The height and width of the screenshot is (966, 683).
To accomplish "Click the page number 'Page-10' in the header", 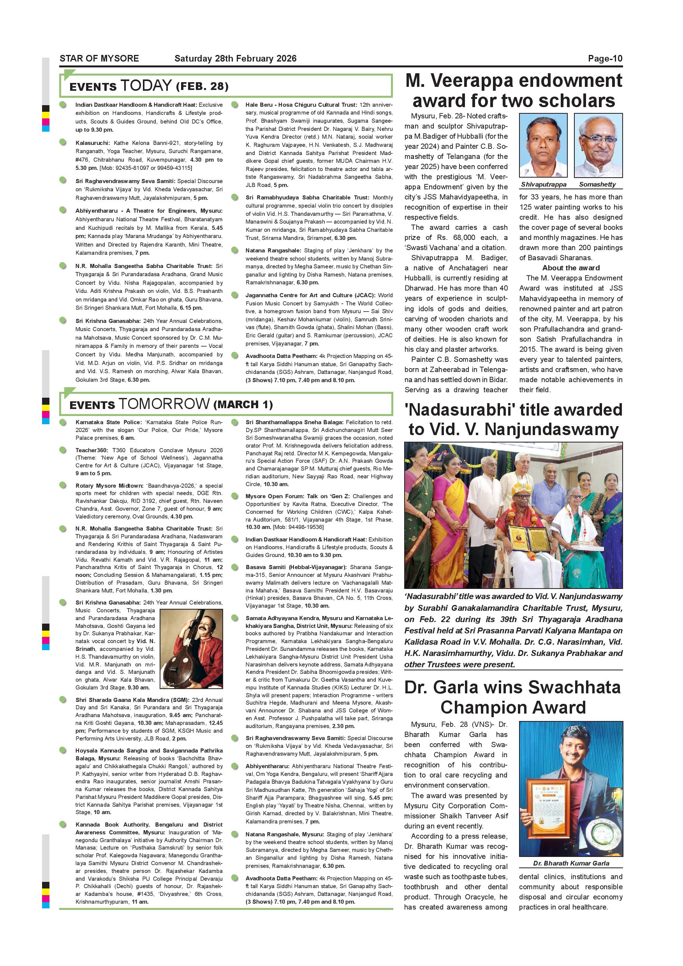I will (x=605, y=58).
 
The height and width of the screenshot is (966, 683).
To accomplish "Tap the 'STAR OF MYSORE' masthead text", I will (x=99, y=58).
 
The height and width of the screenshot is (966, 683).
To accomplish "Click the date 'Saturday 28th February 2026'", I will (x=235, y=58).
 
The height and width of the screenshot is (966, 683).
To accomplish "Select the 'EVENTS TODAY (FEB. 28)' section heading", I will (x=149, y=86).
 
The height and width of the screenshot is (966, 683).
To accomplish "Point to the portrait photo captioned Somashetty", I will (x=598, y=145).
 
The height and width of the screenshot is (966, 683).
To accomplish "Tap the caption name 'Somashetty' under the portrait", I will (x=597, y=184).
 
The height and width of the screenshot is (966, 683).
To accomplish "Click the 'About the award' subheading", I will (x=571, y=268).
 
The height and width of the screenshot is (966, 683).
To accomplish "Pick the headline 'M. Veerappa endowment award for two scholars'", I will (x=514, y=90).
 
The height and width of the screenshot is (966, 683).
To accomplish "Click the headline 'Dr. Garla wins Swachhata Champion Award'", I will (x=513, y=697).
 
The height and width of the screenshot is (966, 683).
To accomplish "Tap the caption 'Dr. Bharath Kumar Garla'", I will (x=571, y=863).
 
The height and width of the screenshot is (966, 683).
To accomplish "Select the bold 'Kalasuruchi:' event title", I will (x=93, y=143).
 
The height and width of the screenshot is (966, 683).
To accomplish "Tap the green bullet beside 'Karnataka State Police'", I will (x=63, y=422).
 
